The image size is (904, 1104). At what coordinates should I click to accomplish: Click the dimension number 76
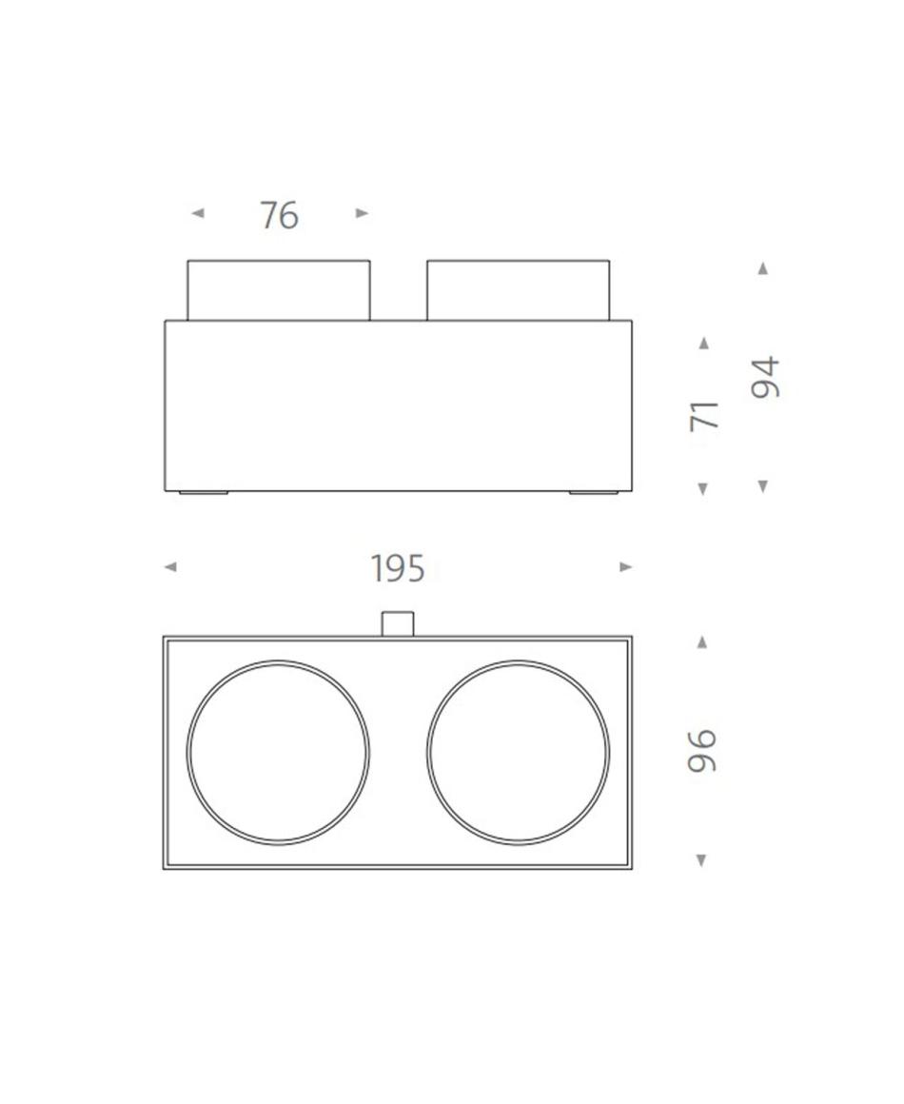pyautogui.click(x=280, y=215)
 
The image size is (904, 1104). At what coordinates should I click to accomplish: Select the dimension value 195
pyautogui.click(x=398, y=569)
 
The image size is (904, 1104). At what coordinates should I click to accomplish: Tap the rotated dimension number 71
pyautogui.click(x=704, y=415)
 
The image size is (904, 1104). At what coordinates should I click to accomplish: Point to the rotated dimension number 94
pyautogui.click(x=765, y=377)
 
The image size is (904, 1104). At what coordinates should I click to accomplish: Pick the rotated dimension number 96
pyautogui.click(x=702, y=751)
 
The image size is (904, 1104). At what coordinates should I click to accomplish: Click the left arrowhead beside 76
pyautogui.click(x=198, y=212)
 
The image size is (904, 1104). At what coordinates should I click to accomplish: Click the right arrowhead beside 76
pyautogui.click(x=362, y=212)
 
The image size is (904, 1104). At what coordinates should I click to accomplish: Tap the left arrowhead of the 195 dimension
pyautogui.click(x=169, y=567)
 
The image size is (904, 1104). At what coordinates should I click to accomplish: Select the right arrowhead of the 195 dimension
pyautogui.click(x=626, y=567)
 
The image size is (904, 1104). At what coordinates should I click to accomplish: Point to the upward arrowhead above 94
pyautogui.click(x=762, y=268)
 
